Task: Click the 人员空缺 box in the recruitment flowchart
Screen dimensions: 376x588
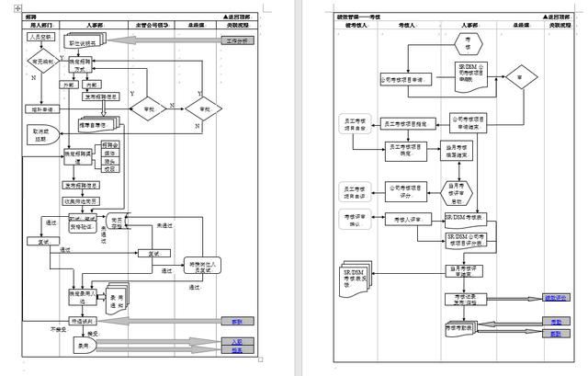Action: point(41,39)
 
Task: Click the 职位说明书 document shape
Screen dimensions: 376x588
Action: point(86,42)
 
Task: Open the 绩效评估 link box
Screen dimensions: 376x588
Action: point(557,298)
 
